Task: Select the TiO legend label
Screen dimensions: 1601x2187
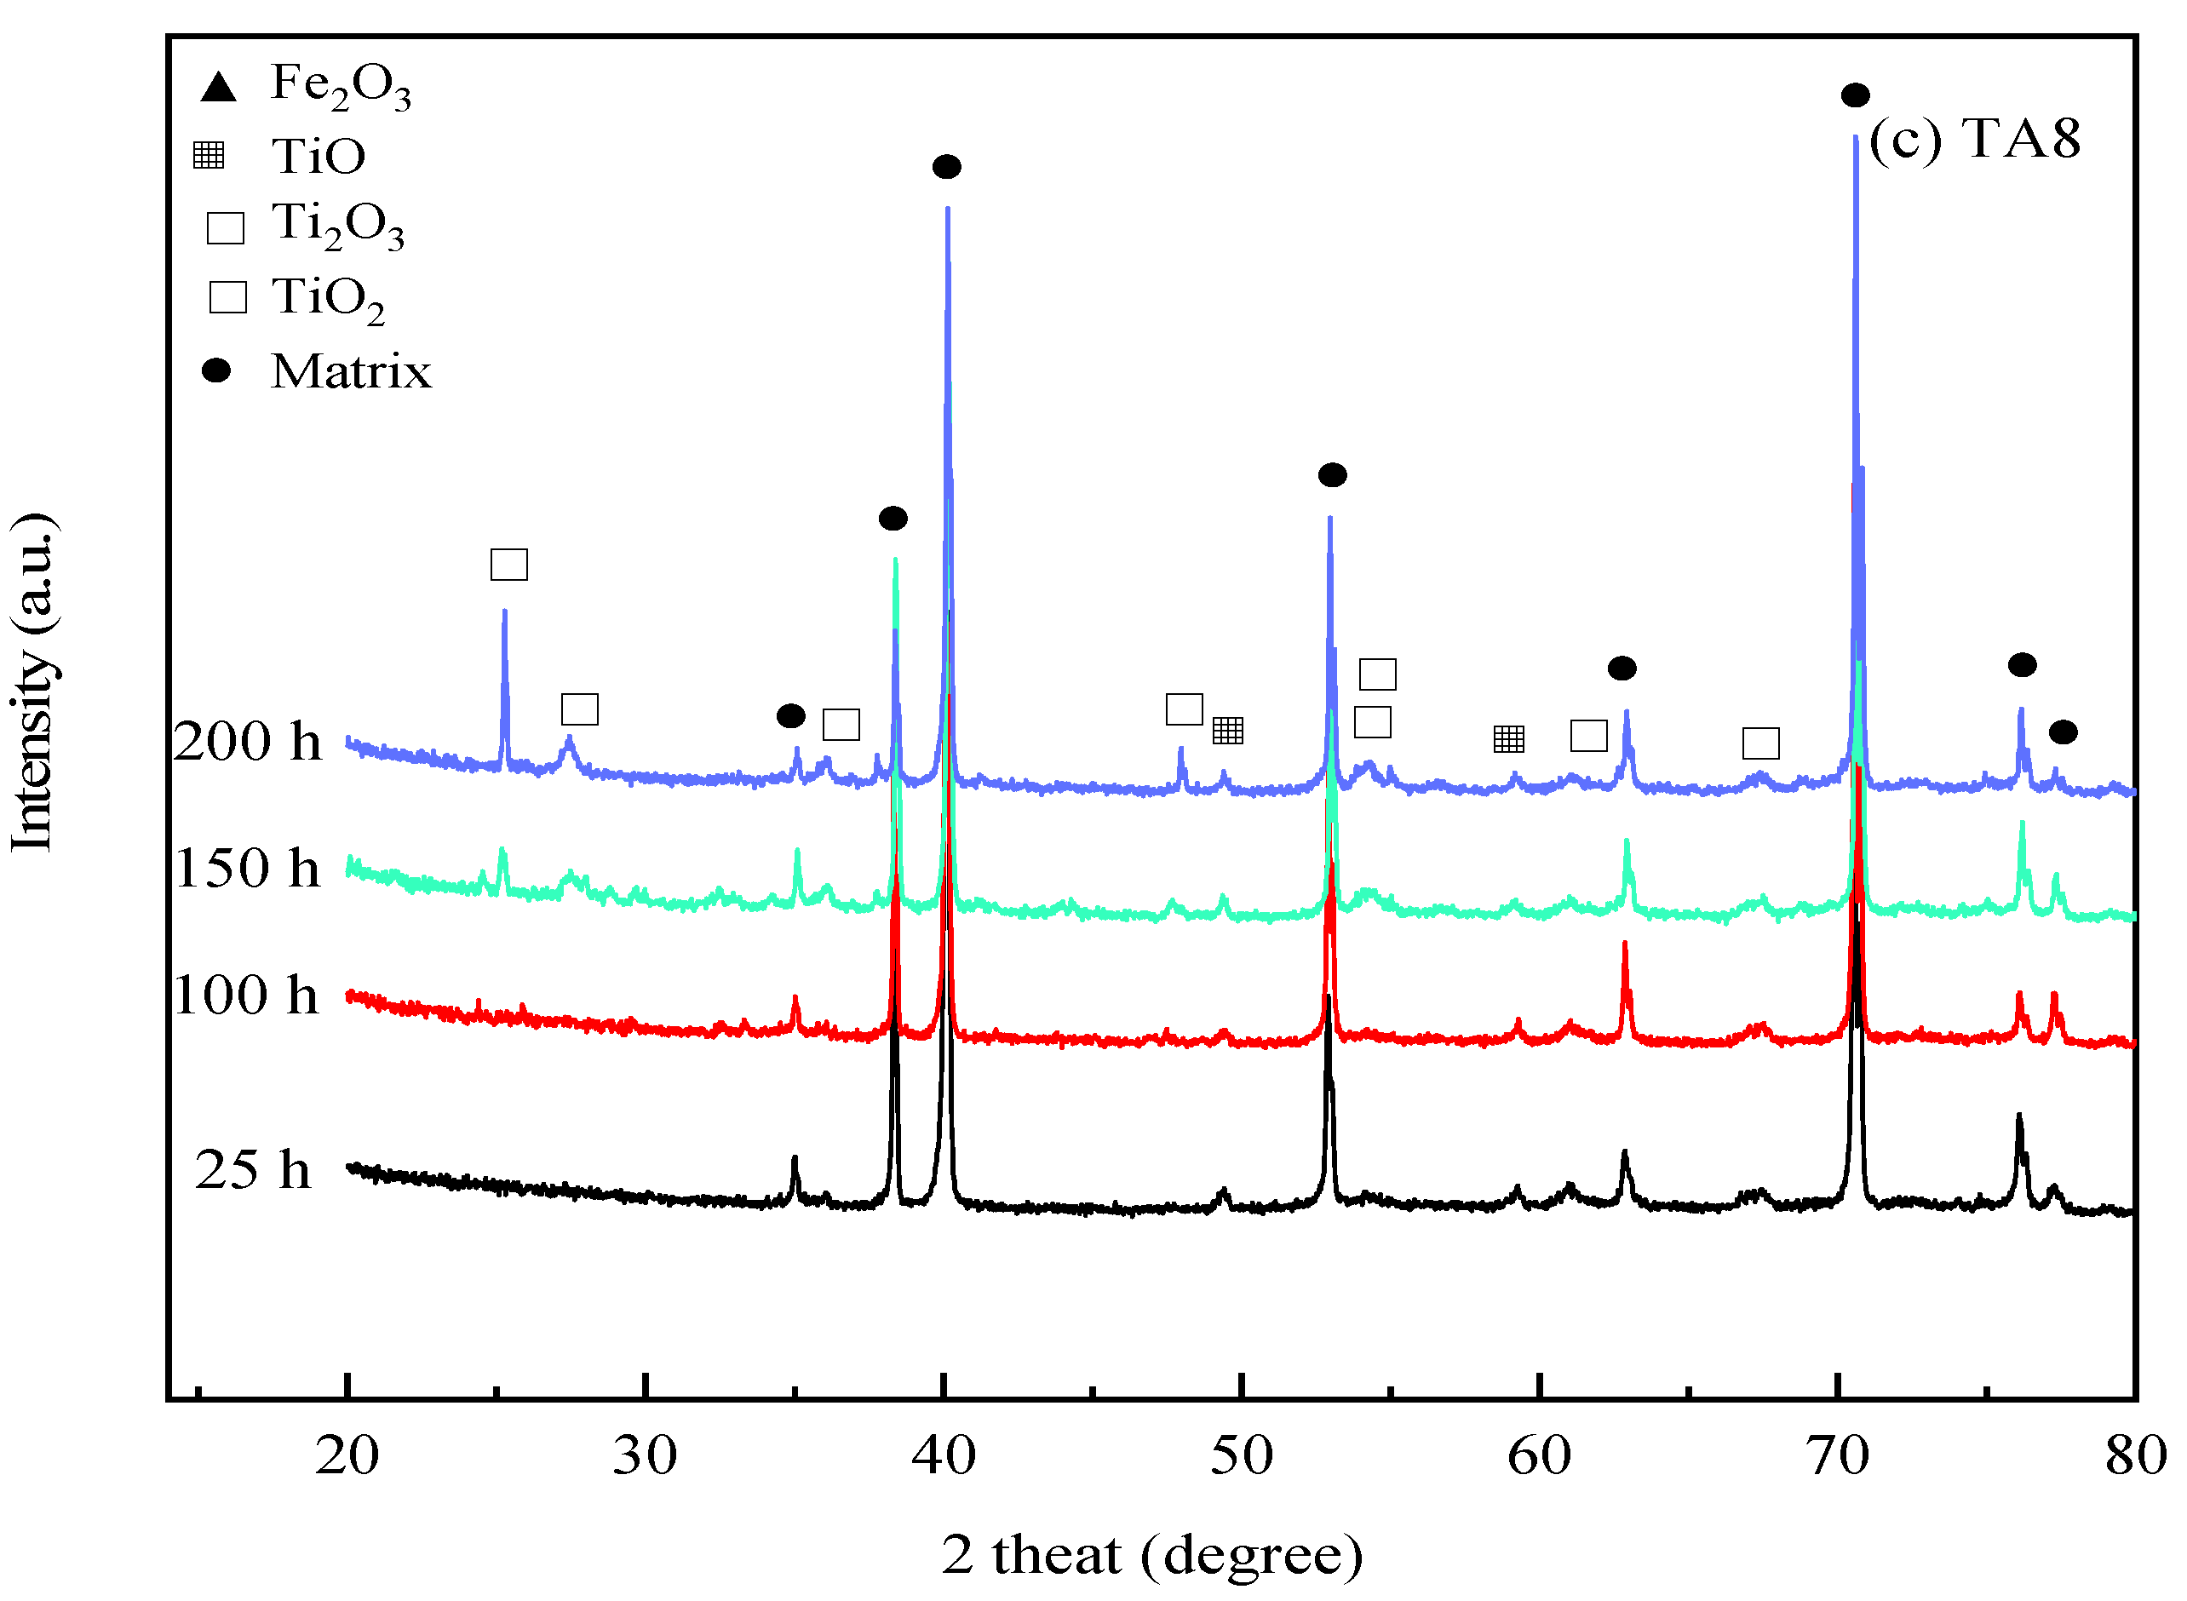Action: [x=318, y=156]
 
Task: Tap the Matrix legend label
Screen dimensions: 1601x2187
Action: [x=351, y=371]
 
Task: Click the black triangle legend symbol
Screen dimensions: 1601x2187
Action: [x=218, y=87]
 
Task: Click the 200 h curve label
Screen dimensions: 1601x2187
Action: [x=247, y=743]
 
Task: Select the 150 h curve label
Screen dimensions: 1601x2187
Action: [x=247, y=869]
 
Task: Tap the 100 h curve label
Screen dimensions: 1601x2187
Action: [x=246, y=996]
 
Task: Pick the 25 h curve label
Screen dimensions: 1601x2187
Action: [x=253, y=1170]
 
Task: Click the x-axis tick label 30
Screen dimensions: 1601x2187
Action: [x=645, y=1455]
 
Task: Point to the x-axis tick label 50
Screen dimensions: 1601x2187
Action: [x=1242, y=1455]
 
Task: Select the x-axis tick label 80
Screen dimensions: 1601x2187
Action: [x=2135, y=1455]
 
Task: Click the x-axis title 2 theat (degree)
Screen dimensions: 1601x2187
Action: [x=1152, y=1556]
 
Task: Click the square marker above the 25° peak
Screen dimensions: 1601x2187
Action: [x=508, y=564]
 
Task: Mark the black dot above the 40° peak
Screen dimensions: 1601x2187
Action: [x=947, y=167]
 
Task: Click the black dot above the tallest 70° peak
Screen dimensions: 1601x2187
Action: [x=1855, y=95]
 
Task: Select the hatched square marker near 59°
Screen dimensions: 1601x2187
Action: [x=1509, y=738]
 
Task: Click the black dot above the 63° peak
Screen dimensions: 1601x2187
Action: [x=1622, y=668]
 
